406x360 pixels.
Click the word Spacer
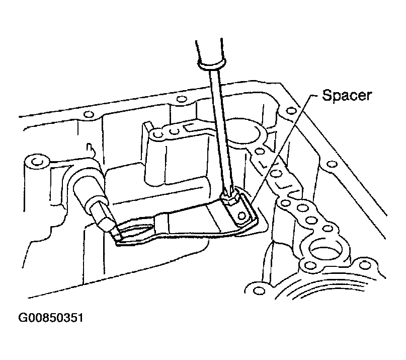tap(347, 96)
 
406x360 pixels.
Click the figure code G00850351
tap(51, 318)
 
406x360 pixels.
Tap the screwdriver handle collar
tap(211, 64)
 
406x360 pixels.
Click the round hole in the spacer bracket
tap(241, 215)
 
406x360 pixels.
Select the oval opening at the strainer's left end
tap(134, 230)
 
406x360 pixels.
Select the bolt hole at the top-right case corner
tap(292, 111)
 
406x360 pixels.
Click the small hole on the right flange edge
tap(332, 164)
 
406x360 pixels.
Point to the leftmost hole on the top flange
tap(89, 114)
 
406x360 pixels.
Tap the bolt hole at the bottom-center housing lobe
tap(259, 291)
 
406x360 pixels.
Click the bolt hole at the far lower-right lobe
tap(365, 265)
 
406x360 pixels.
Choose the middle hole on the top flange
tap(180, 99)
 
